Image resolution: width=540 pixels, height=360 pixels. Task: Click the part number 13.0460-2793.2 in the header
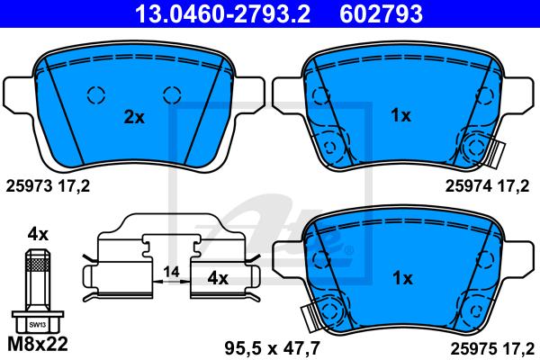pos(223,13)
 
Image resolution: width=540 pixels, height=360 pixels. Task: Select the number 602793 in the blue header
pos(381,13)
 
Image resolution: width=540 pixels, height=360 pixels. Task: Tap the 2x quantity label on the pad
pos(134,117)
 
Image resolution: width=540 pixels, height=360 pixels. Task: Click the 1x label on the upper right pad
pos(400,115)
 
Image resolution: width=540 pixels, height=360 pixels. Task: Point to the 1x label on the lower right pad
pos(402,278)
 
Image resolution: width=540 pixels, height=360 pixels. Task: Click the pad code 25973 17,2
pos(48,186)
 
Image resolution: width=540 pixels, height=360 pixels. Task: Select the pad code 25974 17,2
pos(487,186)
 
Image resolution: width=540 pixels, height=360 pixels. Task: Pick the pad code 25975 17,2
pos(492,349)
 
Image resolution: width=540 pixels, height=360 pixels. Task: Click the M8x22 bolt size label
pos(38,344)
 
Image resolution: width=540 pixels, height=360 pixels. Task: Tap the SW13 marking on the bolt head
pos(38,325)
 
